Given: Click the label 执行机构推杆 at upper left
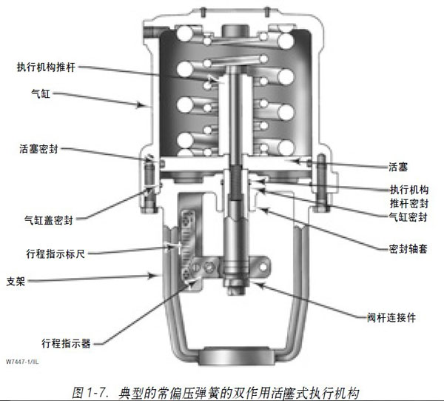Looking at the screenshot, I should [50, 67].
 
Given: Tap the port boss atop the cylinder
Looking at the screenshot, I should [235, 32].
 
